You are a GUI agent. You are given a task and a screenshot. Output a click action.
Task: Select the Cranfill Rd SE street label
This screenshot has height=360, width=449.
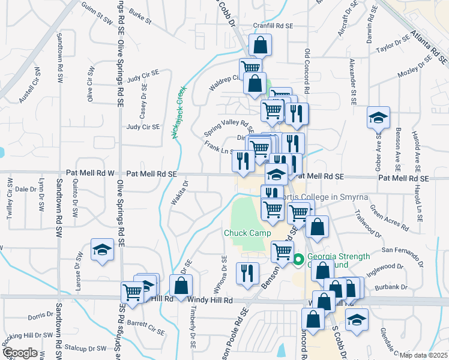273,26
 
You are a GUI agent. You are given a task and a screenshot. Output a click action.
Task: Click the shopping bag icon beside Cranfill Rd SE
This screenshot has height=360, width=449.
260,45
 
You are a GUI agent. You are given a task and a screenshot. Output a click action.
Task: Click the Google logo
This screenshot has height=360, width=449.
20,352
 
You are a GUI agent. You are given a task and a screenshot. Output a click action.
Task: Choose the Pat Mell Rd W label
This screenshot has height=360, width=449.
95,173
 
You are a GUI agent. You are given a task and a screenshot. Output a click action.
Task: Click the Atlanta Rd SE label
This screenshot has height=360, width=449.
429,48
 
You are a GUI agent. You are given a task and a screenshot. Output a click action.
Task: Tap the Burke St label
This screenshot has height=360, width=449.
139,16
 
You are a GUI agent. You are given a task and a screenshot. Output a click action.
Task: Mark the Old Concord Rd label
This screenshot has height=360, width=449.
307,71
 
